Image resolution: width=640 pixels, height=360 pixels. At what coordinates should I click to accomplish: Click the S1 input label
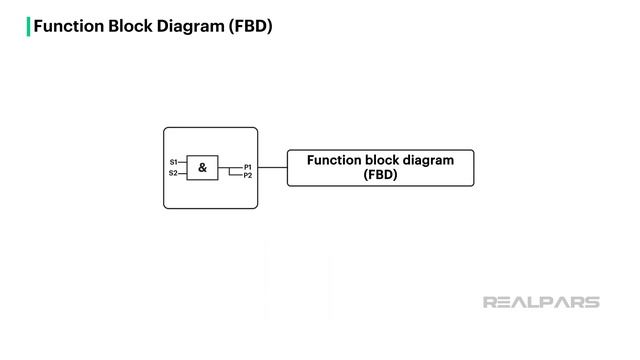click(173, 161)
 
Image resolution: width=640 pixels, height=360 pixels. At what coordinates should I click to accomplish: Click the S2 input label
click(173, 173)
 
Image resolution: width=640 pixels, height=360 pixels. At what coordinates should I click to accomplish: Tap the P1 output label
click(248, 167)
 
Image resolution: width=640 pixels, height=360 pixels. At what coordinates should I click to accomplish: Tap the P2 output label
click(248, 176)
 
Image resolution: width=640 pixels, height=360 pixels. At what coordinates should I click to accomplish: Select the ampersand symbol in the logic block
click(202, 168)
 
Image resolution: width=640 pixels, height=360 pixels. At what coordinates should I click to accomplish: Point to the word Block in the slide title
click(130, 26)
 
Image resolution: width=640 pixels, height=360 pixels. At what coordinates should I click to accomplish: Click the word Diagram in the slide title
click(191, 26)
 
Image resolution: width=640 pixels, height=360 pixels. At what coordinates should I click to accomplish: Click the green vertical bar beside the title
click(28, 26)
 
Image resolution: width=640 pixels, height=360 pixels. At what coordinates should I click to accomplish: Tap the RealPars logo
click(541, 302)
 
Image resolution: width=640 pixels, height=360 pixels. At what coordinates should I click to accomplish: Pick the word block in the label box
click(388, 160)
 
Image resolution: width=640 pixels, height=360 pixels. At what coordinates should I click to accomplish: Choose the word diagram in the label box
click(432, 160)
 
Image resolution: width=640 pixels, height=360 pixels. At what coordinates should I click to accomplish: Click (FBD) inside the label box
click(380, 175)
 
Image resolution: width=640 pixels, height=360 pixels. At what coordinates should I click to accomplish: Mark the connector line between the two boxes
click(272, 167)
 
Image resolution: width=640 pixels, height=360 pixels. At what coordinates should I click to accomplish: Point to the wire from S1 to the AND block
click(182, 161)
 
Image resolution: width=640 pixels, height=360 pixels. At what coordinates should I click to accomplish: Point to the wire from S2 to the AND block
click(182, 173)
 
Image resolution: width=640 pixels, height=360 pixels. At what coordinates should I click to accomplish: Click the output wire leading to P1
click(230, 167)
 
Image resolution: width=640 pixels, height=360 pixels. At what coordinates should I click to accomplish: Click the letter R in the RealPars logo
click(490, 302)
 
